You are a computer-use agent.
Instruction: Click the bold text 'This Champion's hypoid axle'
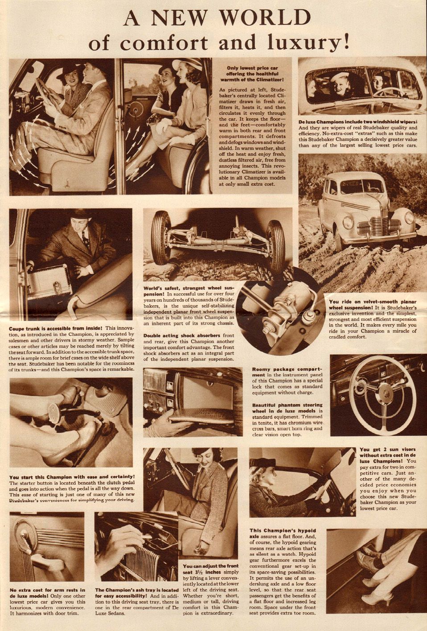pyautogui.click(x=283, y=533)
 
